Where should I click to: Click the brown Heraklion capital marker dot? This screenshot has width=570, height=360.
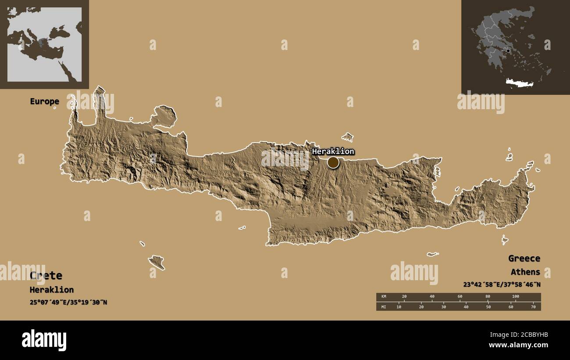(333, 163)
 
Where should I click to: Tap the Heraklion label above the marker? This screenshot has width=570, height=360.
(333, 151)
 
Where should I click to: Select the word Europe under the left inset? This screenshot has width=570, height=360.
(44, 101)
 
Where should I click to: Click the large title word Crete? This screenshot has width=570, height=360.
(46, 275)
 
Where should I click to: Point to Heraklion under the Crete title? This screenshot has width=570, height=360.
(51, 290)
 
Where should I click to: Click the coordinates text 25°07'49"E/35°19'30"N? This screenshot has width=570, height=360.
(68, 303)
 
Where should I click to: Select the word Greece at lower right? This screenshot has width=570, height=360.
(524, 258)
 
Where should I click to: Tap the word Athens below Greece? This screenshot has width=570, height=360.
(525, 272)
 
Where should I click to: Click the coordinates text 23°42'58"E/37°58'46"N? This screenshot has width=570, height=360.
(502, 285)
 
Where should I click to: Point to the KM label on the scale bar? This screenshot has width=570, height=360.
(384, 297)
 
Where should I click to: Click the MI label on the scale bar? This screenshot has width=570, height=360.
(384, 307)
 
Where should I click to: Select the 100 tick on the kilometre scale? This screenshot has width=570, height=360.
(516, 297)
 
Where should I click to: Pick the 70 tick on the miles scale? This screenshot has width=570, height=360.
(533, 307)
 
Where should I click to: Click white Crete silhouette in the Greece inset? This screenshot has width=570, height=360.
(519, 83)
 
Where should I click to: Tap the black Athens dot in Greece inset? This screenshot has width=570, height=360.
(508, 51)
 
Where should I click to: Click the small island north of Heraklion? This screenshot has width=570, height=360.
(348, 137)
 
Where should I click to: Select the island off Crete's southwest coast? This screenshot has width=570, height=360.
(157, 262)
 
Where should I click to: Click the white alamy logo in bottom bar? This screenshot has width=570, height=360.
(44, 340)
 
